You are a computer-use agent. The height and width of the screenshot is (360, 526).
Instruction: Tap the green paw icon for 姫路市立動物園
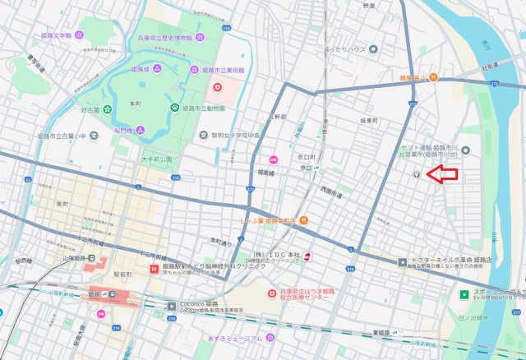(x=174, y=108)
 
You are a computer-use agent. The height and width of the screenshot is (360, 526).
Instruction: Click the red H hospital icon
(x=154, y=269)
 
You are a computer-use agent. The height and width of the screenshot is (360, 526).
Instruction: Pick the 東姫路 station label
(x=380, y=333)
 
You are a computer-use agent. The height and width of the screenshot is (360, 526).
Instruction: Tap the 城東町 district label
(x=368, y=120)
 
